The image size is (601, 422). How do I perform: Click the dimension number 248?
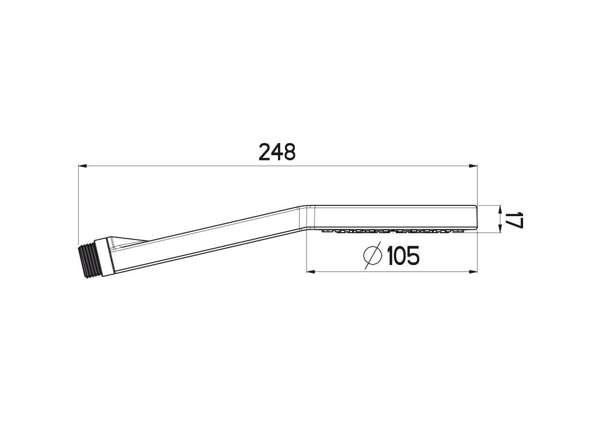pyautogui.click(x=277, y=152)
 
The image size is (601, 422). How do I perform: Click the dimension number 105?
pyautogui.click(x=403, y=256)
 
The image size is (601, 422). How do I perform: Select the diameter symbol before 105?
pyautogui.click(x=373, y=256)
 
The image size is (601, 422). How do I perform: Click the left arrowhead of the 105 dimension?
pyautogui.click(x=310, y=271)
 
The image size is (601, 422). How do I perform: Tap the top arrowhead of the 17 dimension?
pyautogui.click(x=500, y=209)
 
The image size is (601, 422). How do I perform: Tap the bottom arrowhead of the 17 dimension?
pyautogui.click(x=500, y=229)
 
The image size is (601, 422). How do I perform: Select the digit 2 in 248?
pyautogui.click(x=265, y=152)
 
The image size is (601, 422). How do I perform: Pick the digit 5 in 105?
pyautogui.click(x=412, y=256)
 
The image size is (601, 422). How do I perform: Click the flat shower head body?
pyautogui.click(x=394, y=217)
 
